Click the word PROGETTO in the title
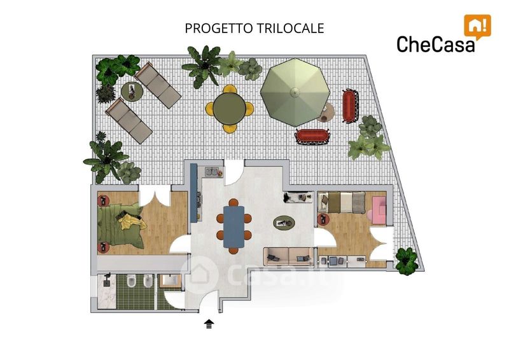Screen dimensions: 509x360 click(x=218, y=28)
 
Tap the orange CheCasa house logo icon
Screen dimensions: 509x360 click(x=477, y=27)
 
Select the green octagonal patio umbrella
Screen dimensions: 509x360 click(x=295, y=92)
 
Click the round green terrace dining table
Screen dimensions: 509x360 click(x=230, y=108)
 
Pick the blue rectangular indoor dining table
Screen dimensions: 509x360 click(x=234, y=227)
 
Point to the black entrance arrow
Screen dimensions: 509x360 click(x=209, y=324)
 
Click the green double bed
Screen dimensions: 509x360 click(x=120, y=226)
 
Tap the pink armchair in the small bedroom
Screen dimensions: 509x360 click(x=378, y=210)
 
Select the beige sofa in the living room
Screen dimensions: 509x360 click(x=289, y=256)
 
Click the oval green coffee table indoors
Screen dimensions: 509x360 click(x=284, y=223)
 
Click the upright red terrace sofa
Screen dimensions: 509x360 click(x=350, y=106)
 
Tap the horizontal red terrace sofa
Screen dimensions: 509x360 click(x=312, y=137)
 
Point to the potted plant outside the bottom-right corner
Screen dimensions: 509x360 click(x=407, y=261)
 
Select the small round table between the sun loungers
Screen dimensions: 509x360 click(x=132, y=91)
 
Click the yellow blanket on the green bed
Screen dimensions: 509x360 click(x=131, y=221)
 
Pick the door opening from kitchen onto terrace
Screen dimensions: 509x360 click(x=234, y=173)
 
